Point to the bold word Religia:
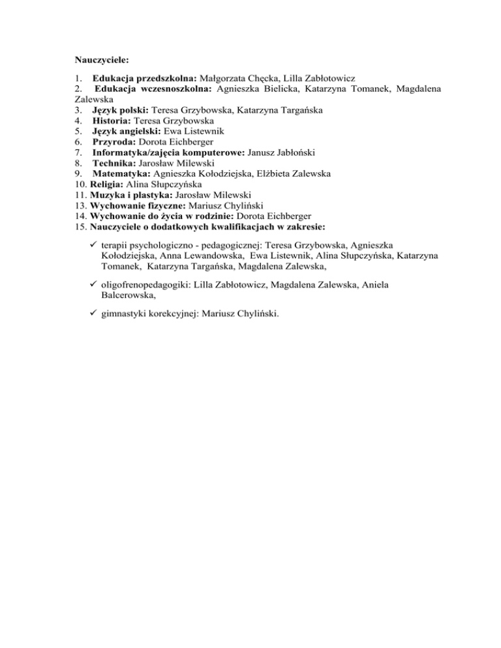[x=98, y=184]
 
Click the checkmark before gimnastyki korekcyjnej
[x=95, y=314]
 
